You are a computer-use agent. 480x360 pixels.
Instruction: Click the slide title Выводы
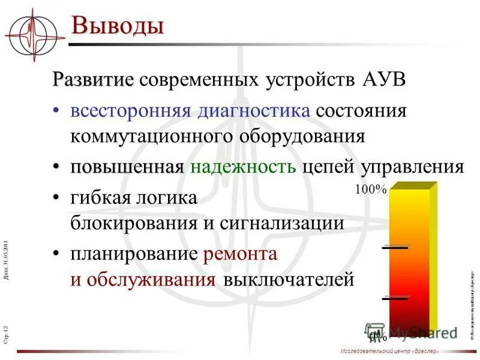[118, 26]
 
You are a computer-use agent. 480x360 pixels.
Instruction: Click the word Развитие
[92, 80]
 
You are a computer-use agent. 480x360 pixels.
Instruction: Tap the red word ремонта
[240, 254]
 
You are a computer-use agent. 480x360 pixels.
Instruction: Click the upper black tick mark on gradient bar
[395, 247]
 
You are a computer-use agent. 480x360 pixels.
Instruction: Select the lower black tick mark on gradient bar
[395, 298]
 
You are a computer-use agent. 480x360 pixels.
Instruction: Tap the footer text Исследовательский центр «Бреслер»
[389, 350]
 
